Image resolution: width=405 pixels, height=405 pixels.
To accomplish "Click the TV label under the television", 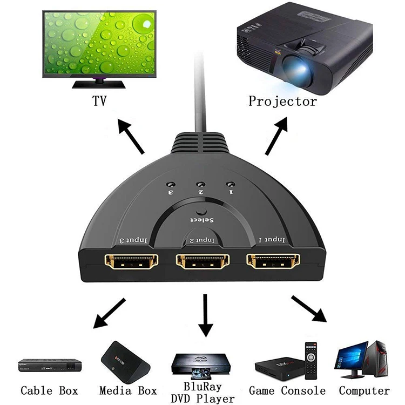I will click(x=98, y=100).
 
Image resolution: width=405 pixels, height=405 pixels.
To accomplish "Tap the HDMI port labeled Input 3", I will click(x=131, y=262).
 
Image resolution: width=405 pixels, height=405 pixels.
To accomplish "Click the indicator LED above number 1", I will click(x=232, y=184).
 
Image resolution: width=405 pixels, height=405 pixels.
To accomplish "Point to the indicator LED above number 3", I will click(x=170, y=185).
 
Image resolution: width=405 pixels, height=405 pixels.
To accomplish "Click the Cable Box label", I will click(x=49, y=390).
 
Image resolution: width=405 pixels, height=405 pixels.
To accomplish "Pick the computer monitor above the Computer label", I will click(x=352, y=357).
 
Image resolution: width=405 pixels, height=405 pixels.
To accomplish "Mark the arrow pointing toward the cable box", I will click(x=109, y=313).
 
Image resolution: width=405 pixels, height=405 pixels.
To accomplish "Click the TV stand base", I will click(x=99, y=84).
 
